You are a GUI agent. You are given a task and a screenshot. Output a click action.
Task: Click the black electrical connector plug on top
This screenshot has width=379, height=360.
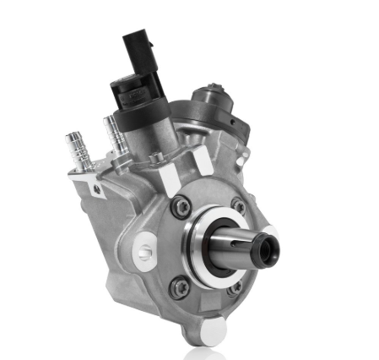point(138,52)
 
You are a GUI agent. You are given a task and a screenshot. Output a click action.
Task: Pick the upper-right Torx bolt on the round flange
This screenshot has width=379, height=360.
point(239,205)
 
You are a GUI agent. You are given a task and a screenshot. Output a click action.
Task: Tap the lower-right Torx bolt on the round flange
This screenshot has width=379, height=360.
point(236,287)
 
